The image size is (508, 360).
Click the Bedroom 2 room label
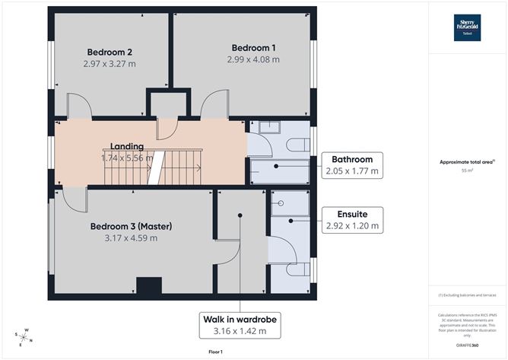pyautogui.click(x=108, y=52)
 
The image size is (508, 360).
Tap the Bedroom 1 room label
pyautogui.click(x=255, y=47)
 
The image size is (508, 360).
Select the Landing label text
pyautogui.click(x=127, y=146)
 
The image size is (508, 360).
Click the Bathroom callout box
pyautogui.click(x=351, y=165)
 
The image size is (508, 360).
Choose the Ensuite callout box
pyautogui.click(x=351, y=219)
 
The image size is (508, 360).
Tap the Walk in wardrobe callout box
pyautogui.click(x=239, y=324)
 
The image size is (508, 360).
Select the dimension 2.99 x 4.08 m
pyautogui.click(x=255, y=59)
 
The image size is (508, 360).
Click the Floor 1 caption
pyautogui.click(x=215, y=352)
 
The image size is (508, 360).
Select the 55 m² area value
pyautogui.click(x=468, y=172)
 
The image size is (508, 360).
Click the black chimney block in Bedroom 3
pyautogui.click(x=148, y=287)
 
